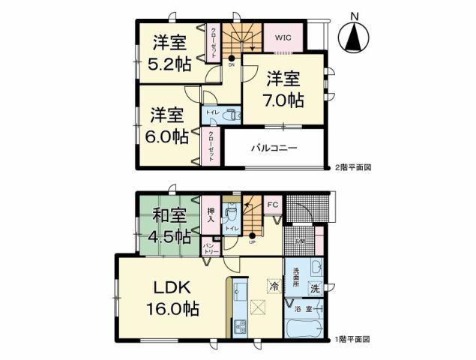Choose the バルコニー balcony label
[274, 148]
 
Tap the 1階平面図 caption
[352, 340]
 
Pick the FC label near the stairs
[272, 203]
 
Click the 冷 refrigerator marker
[275, 286]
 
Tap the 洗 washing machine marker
[315, 288]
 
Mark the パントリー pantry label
[211, 247]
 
